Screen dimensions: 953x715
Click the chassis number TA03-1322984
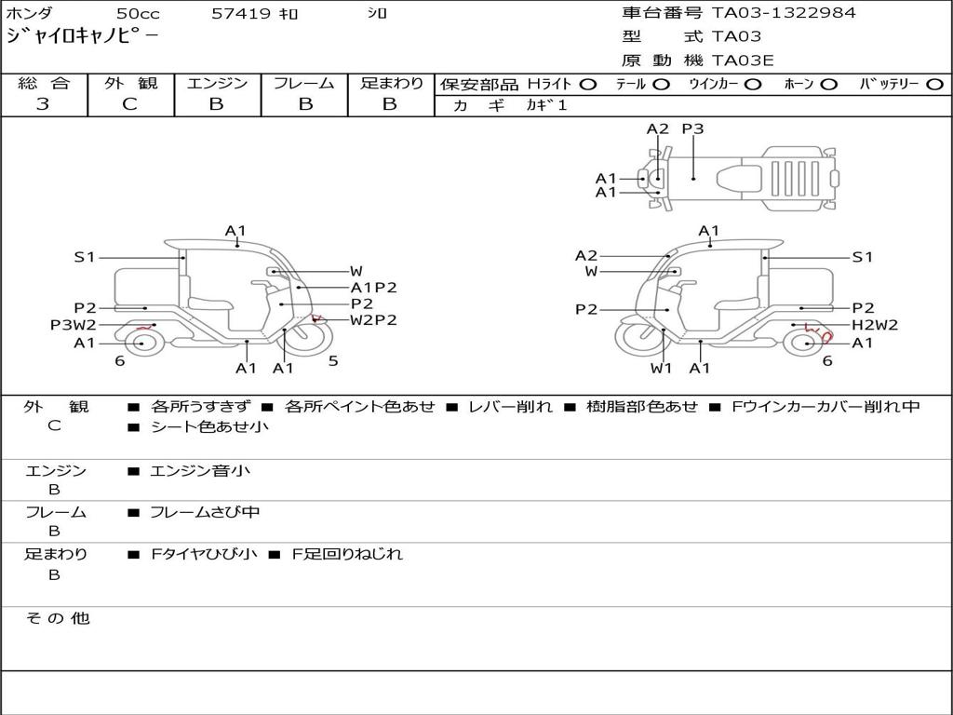pos(784,13)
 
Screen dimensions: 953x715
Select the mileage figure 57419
pos(241,13)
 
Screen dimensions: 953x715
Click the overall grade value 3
pos(43,104)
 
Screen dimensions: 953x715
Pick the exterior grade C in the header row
pos(129,104)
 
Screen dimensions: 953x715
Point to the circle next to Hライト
pos(588,85)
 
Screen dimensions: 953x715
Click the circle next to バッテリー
pos(934,85)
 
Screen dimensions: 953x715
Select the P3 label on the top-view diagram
pos(692,128)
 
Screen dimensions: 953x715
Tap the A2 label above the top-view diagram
pos(657,128)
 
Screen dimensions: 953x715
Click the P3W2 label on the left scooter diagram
pos(73,325)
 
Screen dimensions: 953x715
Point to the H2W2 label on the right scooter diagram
pos(875,325)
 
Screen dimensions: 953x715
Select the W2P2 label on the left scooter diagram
pos(373,320)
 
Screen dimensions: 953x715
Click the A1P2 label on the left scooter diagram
pos(373,288)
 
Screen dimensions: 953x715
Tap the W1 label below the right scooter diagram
pos(661,368)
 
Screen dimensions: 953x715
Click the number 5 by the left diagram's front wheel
pos(333,361)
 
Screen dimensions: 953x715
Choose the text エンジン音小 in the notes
pos(200,470)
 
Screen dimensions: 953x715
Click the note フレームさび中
pos(205,513)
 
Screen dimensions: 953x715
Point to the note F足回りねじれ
pos(347,554)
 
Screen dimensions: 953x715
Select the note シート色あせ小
pos(209,426)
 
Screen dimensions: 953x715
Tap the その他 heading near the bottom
pos(58,618)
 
